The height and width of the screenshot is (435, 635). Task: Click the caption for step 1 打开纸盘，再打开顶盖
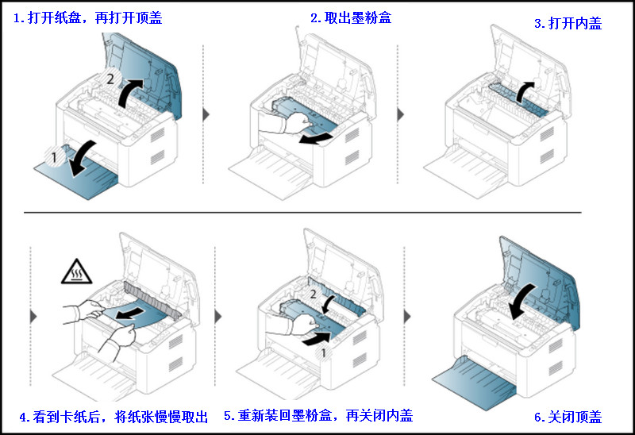87,18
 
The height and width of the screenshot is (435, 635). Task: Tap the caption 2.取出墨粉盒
351,17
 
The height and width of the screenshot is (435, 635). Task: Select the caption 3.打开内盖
568,23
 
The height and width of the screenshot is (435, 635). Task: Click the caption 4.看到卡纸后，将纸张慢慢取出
113,416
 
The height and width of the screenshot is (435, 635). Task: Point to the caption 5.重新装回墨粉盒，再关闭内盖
318,415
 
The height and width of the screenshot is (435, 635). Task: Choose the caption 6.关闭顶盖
568,417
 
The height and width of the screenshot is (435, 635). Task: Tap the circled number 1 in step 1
53,158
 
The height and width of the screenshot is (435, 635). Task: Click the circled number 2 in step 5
314,294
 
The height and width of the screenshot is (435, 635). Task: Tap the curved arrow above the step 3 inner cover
525,92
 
